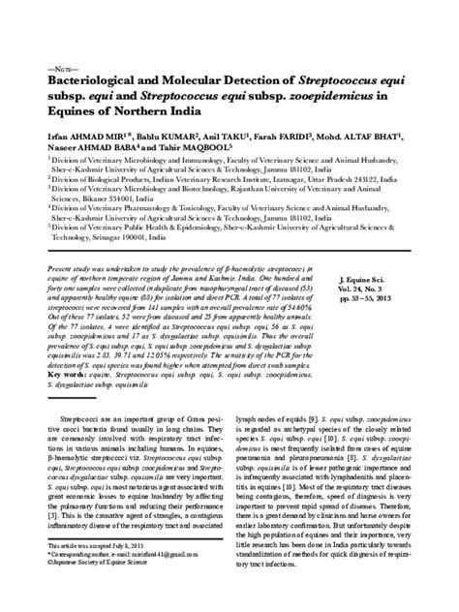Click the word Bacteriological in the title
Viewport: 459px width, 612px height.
[94, 84]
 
